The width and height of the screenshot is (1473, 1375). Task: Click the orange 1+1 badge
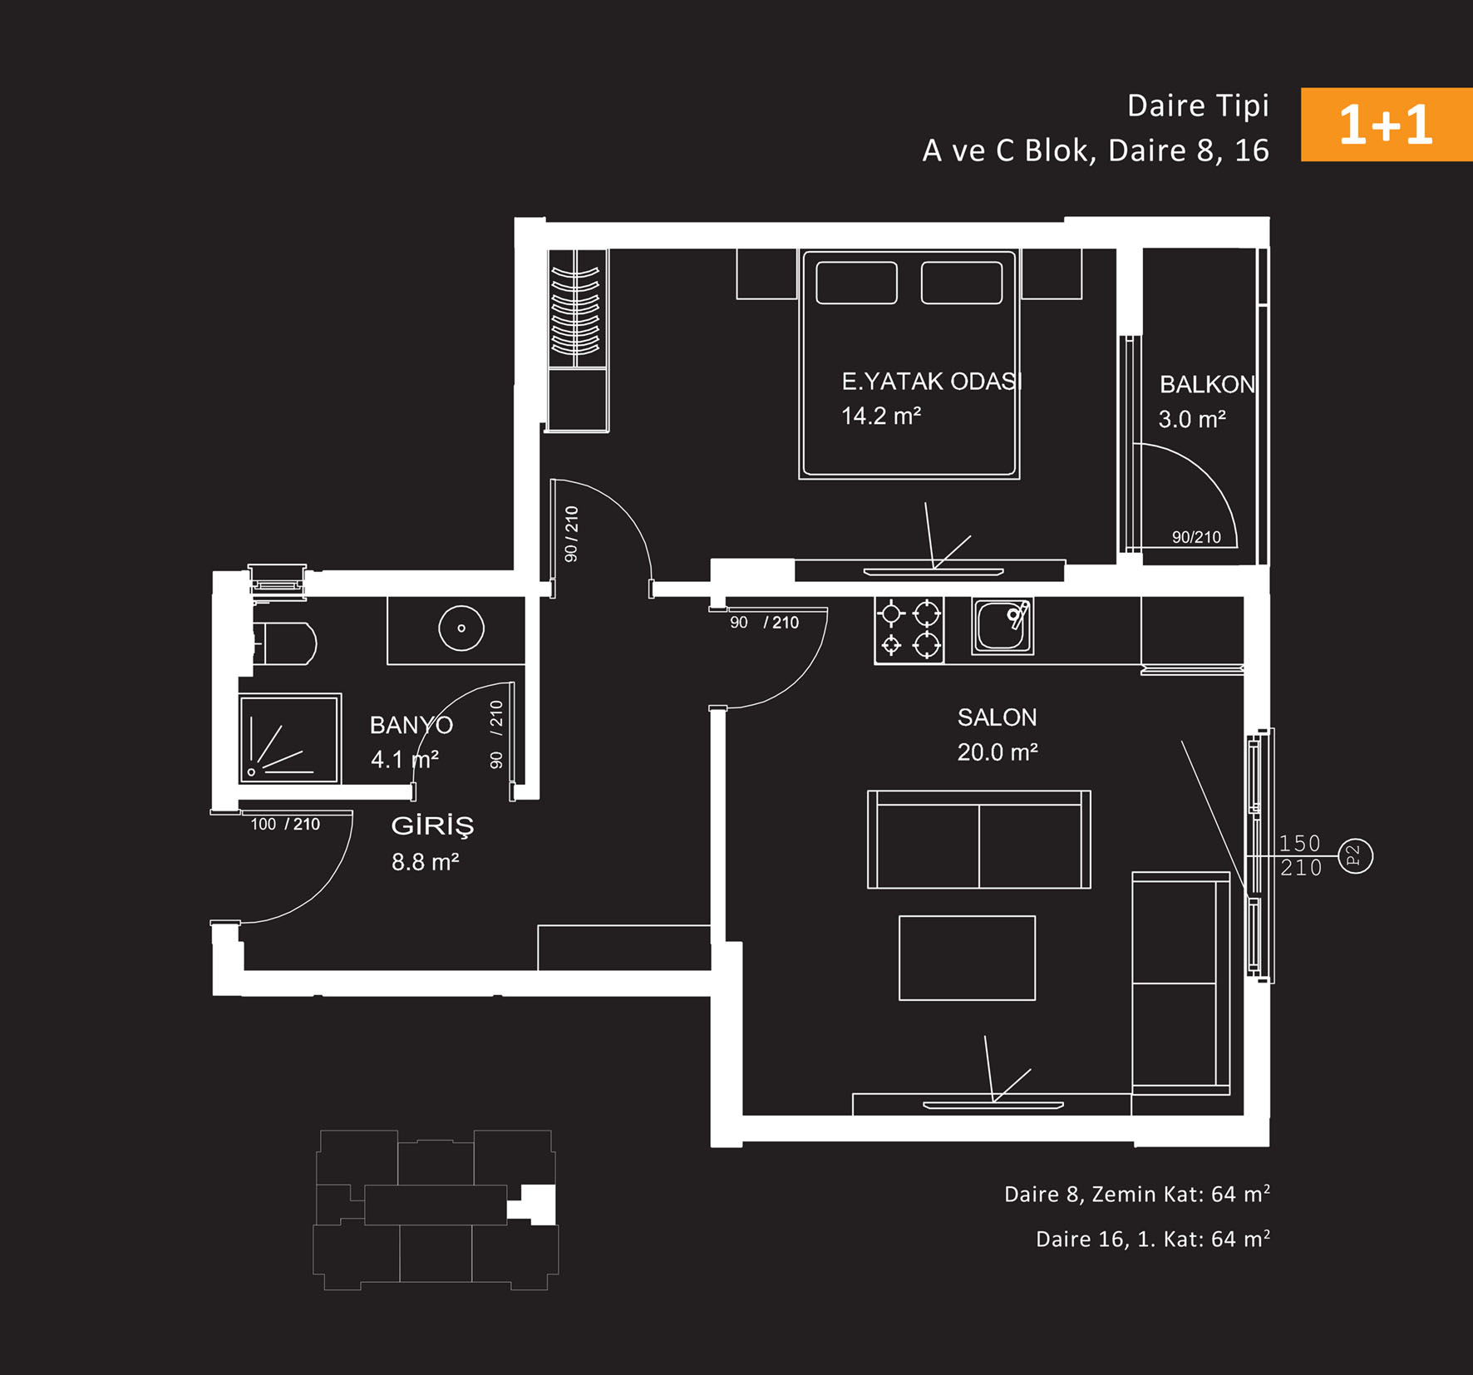tap(1387, 125)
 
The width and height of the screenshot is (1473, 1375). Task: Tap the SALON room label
tap(997, 717)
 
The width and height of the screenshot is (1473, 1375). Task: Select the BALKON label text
tap(1207, 384)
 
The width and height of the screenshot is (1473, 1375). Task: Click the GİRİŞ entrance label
tap(432, 825)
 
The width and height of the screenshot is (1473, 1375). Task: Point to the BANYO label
tap(411, 725)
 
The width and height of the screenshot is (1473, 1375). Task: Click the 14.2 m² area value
tap(881, 416)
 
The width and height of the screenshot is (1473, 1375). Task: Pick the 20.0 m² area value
tap(998, 752)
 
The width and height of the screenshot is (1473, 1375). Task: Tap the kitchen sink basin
tap(1003, 626)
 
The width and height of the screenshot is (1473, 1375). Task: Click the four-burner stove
tap(909, 629)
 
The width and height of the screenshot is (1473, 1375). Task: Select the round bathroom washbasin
tap(461, 628)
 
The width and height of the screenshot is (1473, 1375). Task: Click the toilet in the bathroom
tap(284, 643)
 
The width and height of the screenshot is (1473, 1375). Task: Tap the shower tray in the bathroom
tap(289, 738)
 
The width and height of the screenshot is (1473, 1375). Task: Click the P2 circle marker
tap(1355, 855)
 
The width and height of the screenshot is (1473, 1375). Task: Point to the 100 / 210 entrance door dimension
tap(285, 824)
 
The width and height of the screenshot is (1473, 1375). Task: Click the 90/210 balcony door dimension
tap(1196, 537)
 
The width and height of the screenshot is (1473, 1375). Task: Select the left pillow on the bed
tap(856, 283)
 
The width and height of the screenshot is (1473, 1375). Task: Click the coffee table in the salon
tap(967, 958)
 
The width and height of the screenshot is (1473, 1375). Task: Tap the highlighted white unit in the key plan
tap(537, 1204)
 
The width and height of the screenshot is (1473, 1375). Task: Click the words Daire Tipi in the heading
tap(1198, 106)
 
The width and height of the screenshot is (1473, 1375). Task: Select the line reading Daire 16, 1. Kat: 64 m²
tap(1153, 1239)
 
